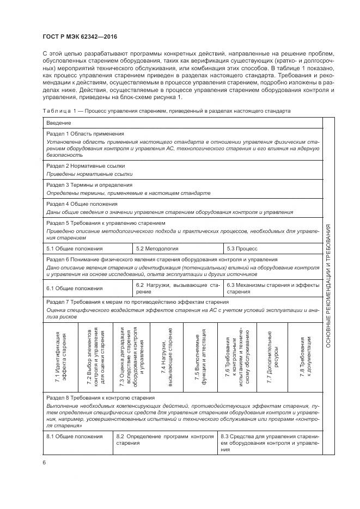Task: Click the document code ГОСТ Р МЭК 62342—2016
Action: click(80, 37)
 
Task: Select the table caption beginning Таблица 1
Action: click(166, 111)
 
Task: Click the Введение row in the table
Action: click(59, 124)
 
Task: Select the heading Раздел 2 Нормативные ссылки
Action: click(86, 165)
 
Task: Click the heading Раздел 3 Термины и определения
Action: click(89, 185)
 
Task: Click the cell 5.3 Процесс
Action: click(242, 248)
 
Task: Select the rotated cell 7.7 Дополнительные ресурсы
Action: click(272, 356)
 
